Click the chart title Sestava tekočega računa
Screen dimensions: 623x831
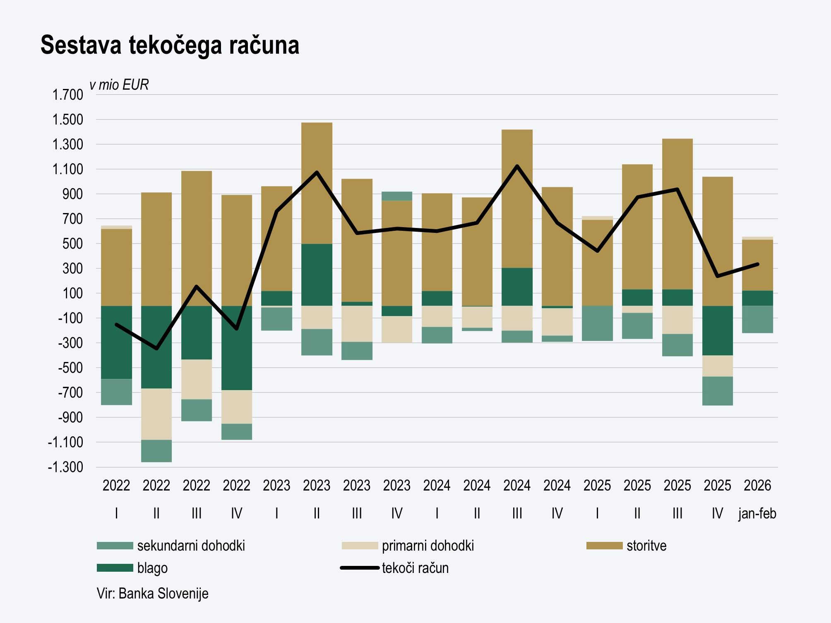(x=170, y=45)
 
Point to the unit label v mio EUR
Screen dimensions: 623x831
(x=119, y=85)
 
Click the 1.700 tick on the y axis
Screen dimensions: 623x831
(x=67, y=95)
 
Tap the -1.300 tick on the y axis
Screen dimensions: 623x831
(x=65, y=467)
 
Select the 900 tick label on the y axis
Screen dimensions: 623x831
(x=72, y=194)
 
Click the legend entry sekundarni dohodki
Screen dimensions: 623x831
(x=191, y=546)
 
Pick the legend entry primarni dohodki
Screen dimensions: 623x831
(x=428, y=546)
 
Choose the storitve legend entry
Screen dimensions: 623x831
(x=646, y=546)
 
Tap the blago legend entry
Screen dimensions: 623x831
(x=152, y=568)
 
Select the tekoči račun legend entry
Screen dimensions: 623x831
(x=415, y=568)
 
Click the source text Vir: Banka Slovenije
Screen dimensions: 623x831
(x=152, y=594)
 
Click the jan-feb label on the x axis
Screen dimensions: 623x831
(x=757, y=513)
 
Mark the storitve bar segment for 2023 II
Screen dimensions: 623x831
(x=317, y=183)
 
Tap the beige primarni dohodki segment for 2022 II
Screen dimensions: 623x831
(x=156, y=414)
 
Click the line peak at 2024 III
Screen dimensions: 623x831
(x=517, y=166)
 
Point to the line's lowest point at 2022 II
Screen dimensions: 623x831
(x=156, y=349)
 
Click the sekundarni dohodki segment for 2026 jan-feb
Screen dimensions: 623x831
(x=757, y=319)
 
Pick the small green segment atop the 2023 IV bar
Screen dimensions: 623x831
(x=396, y=196)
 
